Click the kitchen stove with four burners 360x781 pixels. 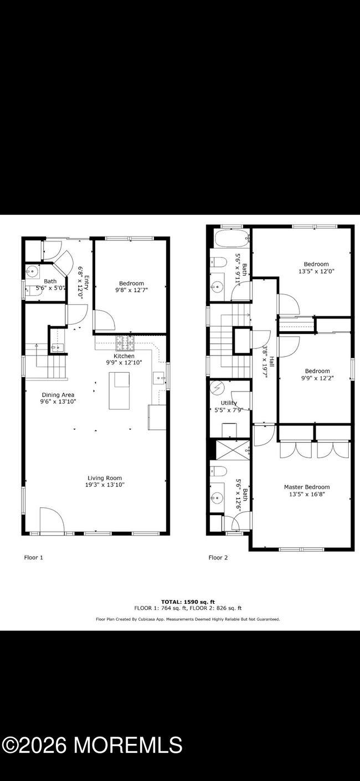(124, 343)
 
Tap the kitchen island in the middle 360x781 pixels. (119, 390)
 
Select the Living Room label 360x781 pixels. (105, 478)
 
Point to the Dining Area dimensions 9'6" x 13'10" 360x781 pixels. (58, 402)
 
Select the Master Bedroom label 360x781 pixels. (306, 487)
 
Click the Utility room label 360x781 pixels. (229, 403)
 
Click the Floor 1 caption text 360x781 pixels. (33, 557)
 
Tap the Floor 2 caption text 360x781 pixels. (218, 557)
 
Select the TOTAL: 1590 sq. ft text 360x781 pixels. (188, 601)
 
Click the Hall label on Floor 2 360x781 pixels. (271, 359)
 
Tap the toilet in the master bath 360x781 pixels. (218, 472)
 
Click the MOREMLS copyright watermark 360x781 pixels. (92, 745)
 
